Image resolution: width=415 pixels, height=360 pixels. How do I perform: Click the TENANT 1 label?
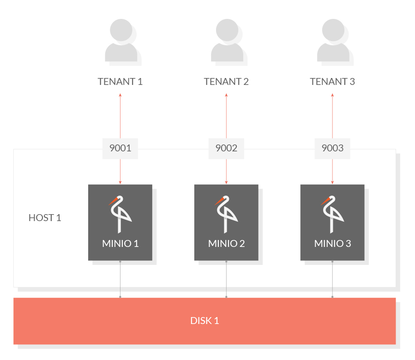[120, 82]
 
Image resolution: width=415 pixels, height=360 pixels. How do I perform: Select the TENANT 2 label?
[226, 82]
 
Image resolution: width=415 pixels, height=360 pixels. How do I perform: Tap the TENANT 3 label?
[332, 82]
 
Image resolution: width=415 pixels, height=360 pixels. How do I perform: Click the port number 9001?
[120, 148]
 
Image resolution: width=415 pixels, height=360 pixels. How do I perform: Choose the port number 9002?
[226, 148]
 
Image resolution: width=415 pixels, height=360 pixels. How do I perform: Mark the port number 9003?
[332, 148]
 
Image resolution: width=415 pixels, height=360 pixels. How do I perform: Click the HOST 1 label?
[45, 218]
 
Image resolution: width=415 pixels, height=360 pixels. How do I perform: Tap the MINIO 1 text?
[120, 244]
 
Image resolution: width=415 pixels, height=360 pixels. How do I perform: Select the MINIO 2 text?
[226, 244]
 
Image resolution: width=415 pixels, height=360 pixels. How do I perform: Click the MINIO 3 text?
[332, 244]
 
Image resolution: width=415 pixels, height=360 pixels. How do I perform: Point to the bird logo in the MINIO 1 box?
[120, 215]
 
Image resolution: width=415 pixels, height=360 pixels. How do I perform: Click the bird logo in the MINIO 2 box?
[225, 215]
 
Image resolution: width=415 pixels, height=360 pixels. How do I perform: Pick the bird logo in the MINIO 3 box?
[331, 215]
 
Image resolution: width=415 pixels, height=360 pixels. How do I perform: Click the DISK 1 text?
[204, 321]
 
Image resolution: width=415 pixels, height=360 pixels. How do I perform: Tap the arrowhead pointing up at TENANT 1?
[120, 95]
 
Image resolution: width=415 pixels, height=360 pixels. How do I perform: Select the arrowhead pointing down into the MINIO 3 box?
[332, 183]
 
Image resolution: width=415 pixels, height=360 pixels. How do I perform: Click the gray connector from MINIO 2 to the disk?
[226, 279]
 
